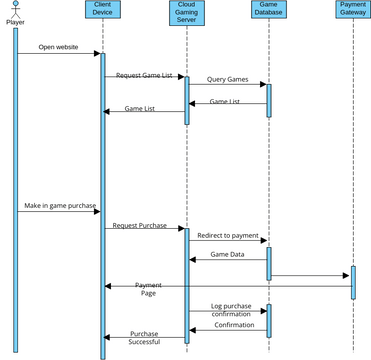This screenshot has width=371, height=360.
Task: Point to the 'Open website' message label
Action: tap(59, 46)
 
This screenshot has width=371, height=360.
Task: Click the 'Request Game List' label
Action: tap(143, 75)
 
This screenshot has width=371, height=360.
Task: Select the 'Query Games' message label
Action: tap(227, 79)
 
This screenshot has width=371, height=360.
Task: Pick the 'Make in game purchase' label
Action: tap(60, 206)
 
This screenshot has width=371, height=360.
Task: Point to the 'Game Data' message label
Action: tap(227, 254)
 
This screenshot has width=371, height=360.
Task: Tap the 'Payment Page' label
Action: tap(148, 288)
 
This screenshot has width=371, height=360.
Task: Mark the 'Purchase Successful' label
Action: tap(144, 338)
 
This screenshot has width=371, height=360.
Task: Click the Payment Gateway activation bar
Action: tap(352, 282)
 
